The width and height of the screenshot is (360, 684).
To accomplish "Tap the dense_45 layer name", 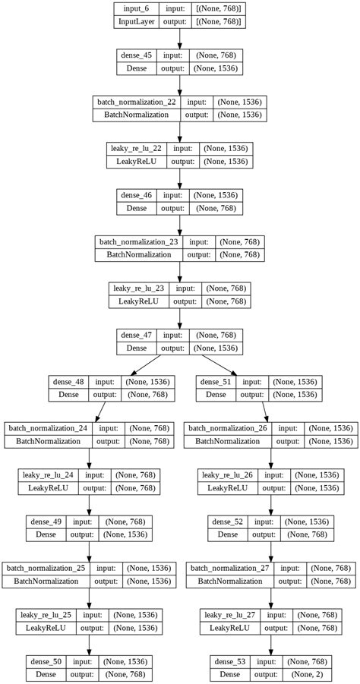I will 137,55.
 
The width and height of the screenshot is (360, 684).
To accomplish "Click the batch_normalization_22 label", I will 136,102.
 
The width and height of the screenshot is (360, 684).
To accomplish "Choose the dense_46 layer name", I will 137,194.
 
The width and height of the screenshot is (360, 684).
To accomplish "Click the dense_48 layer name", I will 69,381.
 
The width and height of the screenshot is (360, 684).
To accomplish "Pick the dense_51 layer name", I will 216,381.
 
